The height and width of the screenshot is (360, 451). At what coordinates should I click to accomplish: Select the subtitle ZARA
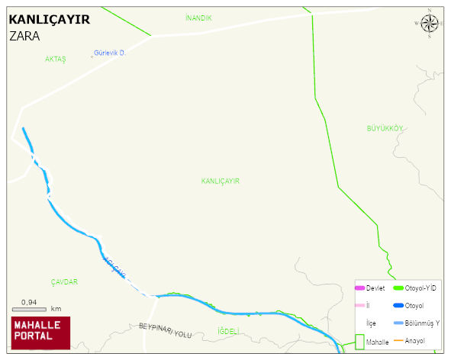[x=24, y=35]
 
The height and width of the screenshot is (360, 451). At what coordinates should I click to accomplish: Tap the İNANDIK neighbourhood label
[x=198, y=18]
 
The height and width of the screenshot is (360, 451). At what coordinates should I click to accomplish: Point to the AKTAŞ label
[x=56, y=59]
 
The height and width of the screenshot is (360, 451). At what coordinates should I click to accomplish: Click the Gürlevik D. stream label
[x=109, y=53]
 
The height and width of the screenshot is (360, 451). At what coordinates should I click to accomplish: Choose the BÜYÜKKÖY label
[x=384, y=128]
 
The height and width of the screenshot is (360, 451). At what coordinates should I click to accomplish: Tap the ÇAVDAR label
[x=64, y=282]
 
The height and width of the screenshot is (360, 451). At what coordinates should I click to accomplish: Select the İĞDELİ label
[x=228, y=331]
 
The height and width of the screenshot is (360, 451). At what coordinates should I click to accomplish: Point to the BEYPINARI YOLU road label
[x=166, y=330]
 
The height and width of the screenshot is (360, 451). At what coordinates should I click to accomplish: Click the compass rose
[x=430, y=24]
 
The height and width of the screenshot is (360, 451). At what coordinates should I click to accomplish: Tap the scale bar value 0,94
[x=30, y=302]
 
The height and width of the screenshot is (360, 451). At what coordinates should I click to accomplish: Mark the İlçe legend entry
[x=371, y=323]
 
